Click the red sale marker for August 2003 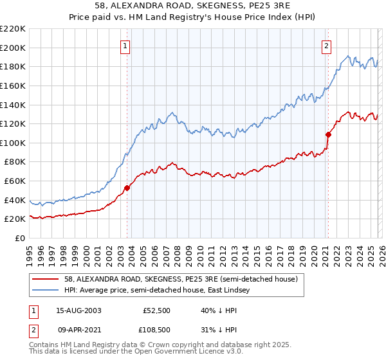[127, 188]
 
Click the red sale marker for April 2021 [328, 134]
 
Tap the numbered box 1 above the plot [125, 46]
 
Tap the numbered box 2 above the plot [327, 46]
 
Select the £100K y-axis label [14, 143]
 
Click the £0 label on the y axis [19, 239]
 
